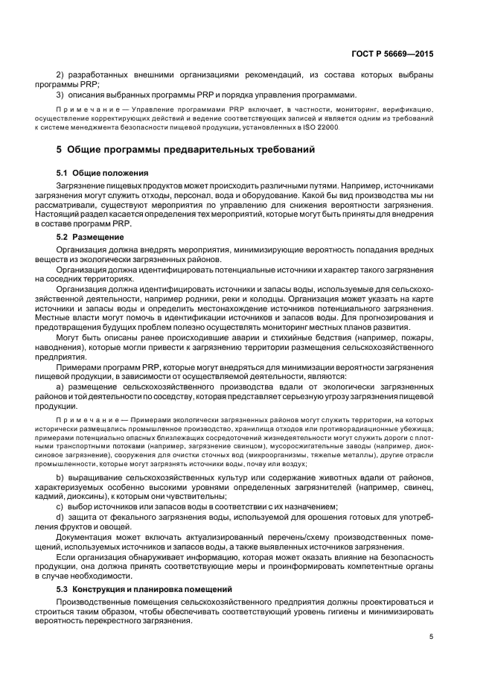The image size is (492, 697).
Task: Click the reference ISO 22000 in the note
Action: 322,127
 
